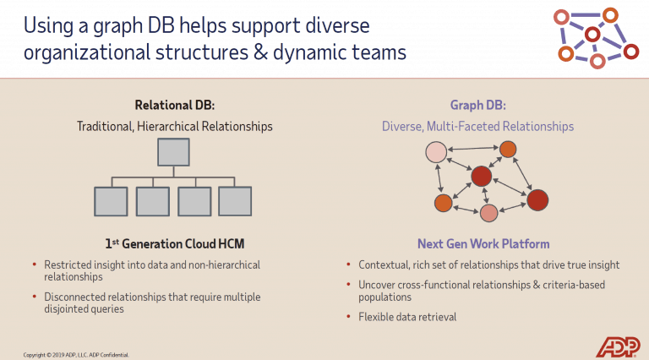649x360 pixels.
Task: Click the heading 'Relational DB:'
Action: [x=174, y=106]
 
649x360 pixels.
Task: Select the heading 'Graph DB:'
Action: [x=477, y=106]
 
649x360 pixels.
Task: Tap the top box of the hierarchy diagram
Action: [x=174, y=151]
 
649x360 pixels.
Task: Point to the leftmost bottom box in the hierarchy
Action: [x=111, y=200]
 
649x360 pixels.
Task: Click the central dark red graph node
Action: [x=481, y=176]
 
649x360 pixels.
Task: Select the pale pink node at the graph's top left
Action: [x=436, y=152]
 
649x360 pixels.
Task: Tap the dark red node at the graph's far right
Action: [x=537, y=200]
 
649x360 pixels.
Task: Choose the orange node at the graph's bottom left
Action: [x=443, y=203]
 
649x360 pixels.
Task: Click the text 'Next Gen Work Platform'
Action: [x=477, y=243]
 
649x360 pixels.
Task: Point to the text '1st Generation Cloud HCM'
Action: [x=174, y=243]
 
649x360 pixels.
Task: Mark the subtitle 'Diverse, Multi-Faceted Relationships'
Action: [x=477, y=127]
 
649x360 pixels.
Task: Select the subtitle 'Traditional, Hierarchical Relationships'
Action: [x=174, y=127]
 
